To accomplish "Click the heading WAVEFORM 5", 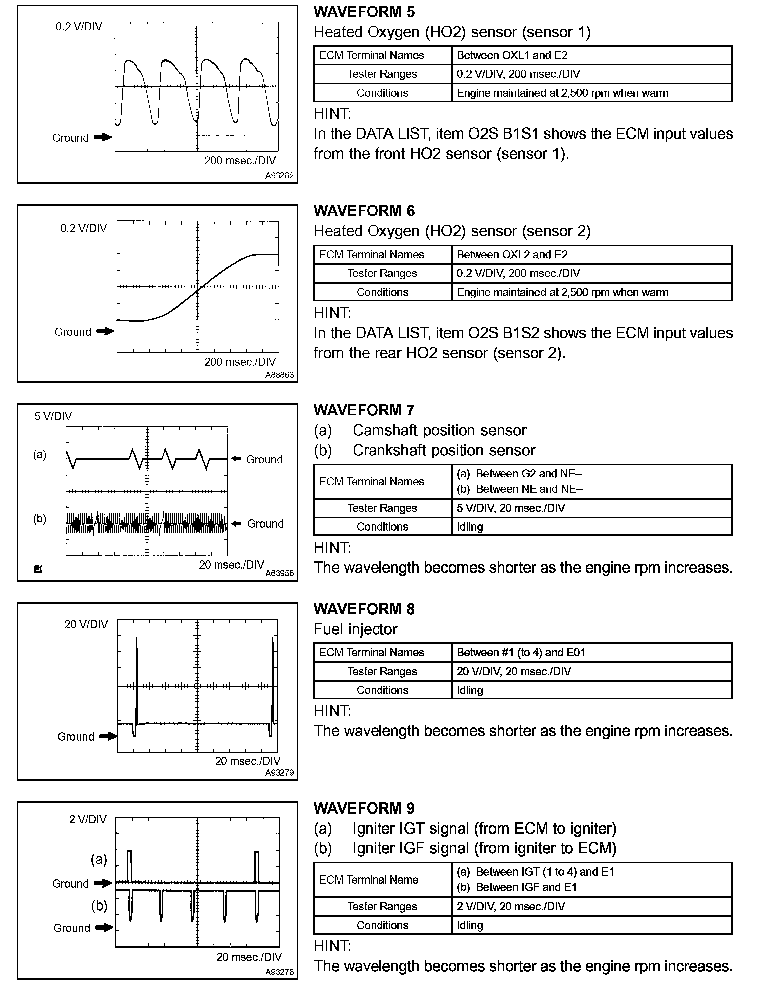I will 364,12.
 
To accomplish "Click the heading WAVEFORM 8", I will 364,609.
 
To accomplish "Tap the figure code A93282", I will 279,176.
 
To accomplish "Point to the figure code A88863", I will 279,375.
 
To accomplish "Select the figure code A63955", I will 279,573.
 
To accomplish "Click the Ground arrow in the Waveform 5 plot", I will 103,137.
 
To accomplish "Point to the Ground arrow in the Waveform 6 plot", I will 105,331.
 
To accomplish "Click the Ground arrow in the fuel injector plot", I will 108,736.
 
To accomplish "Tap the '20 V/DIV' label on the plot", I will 86,624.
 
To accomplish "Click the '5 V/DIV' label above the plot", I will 53,416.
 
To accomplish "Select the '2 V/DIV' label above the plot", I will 88,819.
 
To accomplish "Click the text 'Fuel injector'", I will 356,629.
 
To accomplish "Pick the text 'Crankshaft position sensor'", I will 443,450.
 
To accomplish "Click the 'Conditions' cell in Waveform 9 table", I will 382,925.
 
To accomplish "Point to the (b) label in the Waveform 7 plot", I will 40,518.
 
